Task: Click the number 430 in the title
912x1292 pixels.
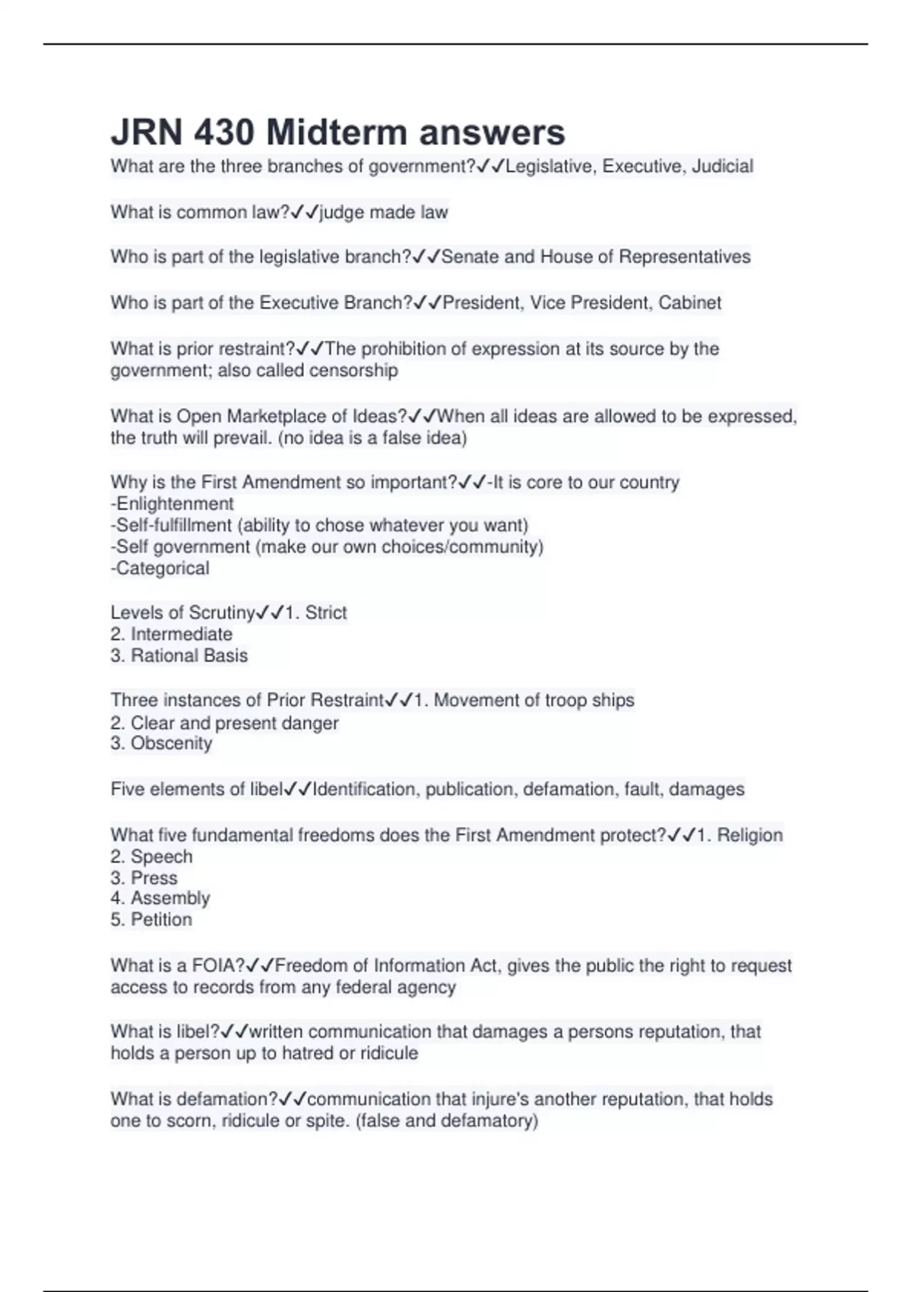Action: pyautogui.click(x=223, y=133)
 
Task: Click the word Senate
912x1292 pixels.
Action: pyautogui.click(x=470, y=257)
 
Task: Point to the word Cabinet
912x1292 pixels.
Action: pyautogui.click(x=689, y=302)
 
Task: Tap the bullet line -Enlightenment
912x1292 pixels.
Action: pyautogui.click(x=173, y=504)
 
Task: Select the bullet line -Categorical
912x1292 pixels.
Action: pyautogui.click(x=160, y=568)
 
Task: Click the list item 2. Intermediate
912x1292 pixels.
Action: pyautogui.click(x=172, y=635)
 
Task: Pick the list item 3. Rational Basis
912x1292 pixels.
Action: pyautogui.click(x=179, y=656)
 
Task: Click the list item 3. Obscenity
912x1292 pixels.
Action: pyautogui.click(x=161, y=743)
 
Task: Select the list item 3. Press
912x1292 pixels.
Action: pyautogui.click(x=144, y=879)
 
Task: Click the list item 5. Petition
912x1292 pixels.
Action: pyautogui.click(x=151, y=920)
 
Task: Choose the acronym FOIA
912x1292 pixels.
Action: pyautogui.click(x=217, y=966)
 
